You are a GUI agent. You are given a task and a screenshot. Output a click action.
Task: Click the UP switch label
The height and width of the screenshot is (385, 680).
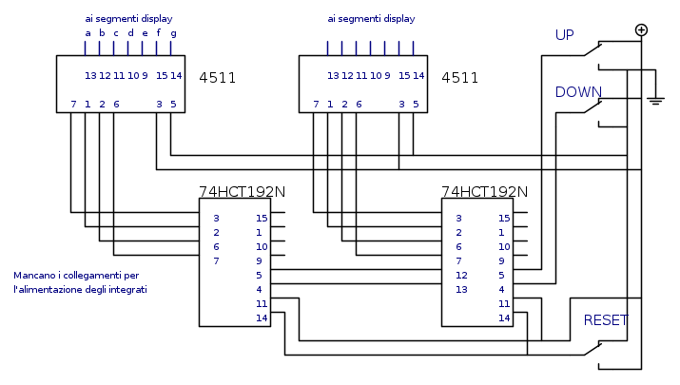(565, 35)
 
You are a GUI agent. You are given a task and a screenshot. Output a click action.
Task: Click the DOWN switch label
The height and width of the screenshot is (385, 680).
(579, 92)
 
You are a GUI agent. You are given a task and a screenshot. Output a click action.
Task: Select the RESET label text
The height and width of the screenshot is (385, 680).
(606, 320)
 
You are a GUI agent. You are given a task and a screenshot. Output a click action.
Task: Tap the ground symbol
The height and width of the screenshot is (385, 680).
(655, 98)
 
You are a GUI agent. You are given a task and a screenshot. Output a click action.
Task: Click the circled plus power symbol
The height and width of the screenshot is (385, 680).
(641, 29)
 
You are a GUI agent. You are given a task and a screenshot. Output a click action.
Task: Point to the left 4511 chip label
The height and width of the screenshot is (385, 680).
(218, 78)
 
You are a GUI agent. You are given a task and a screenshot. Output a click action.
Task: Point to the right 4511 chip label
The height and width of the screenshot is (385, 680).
(460, 78)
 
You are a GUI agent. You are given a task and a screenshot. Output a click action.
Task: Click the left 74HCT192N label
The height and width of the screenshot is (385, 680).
(242, 191)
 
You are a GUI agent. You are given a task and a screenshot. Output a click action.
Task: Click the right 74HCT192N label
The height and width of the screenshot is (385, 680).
(484, 191)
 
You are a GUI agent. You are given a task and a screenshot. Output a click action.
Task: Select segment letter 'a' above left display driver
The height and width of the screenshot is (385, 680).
(88, 33)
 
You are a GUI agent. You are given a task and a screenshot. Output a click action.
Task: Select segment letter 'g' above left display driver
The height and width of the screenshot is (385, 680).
(172, 33)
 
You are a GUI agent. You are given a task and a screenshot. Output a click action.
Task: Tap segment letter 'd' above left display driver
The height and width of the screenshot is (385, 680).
(130, 33)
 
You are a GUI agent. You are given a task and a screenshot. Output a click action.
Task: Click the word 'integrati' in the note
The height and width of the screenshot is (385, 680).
(126, 289)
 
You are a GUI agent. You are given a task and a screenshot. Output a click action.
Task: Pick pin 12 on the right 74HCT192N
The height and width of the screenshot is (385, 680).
(460, 275)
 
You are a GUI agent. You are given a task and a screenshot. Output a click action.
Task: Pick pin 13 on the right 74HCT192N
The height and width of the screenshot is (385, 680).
(460, 289)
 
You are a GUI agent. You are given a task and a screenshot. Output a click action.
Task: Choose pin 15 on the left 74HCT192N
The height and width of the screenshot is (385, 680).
(261, 218)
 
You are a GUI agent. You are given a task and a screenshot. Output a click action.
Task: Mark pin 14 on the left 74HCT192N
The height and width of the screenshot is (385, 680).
(261, 318)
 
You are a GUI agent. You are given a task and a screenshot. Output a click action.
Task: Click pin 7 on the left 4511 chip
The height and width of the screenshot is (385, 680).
(73, 104)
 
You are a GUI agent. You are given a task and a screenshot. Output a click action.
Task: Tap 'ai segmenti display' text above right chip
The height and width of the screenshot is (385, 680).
(371, 18)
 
